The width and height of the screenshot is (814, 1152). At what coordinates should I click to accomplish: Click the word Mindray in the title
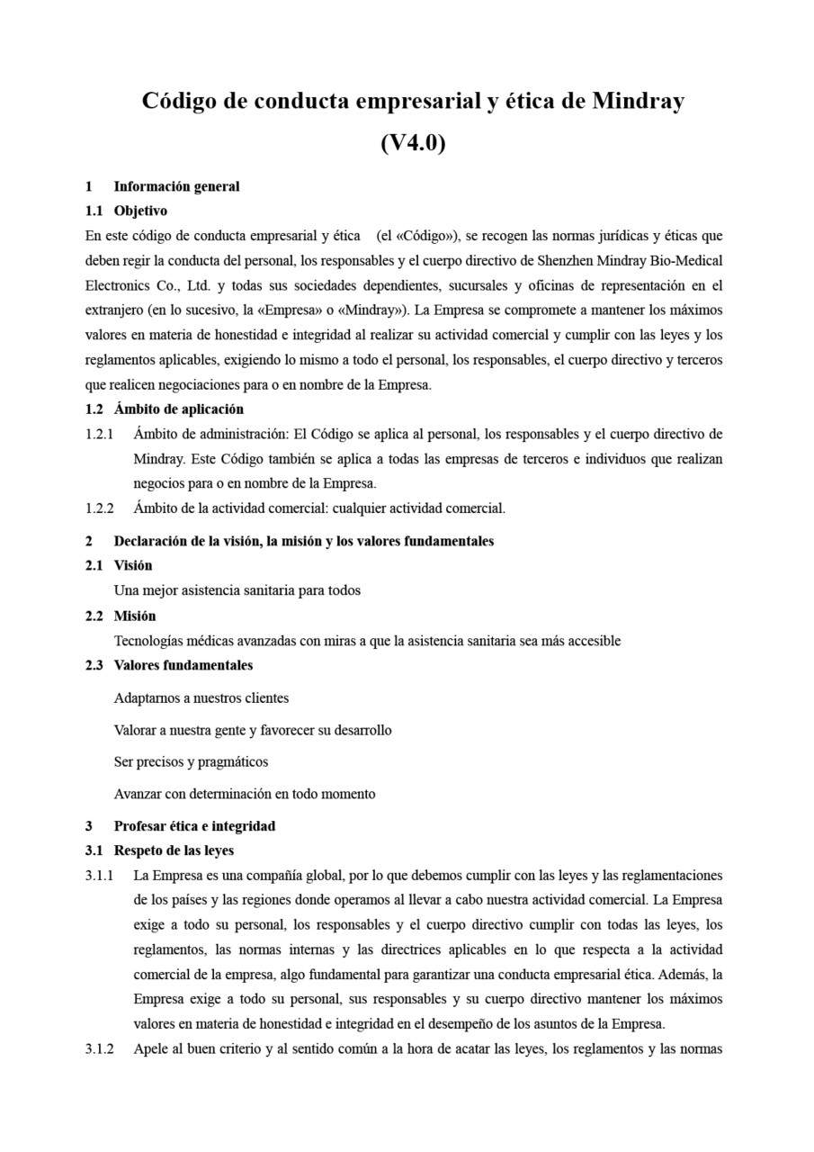tap(637, 101)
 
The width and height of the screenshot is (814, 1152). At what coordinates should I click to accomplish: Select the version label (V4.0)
tap(413, 142)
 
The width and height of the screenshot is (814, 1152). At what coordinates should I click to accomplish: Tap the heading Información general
tap(176, 186)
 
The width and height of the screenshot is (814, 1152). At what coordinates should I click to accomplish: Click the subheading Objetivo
tap(140, 211)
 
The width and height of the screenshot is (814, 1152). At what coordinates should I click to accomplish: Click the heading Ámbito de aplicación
tap(178, 409)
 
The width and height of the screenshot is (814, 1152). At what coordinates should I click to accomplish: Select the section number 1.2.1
tap(99, 434)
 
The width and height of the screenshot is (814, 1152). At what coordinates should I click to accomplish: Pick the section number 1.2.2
tap(99, 508)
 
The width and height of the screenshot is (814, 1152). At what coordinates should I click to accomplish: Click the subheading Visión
tap(133, 565)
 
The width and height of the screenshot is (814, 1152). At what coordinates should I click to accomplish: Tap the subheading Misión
tap(135, 616)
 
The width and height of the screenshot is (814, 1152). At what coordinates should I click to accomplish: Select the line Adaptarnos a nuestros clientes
tap(201, 697)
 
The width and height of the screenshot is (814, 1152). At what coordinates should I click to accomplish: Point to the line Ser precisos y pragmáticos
tap(191, 761)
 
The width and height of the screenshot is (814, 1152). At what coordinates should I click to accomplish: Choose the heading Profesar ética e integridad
tap(194, 825)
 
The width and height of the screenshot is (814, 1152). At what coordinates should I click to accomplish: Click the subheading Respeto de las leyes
tap(174, 850)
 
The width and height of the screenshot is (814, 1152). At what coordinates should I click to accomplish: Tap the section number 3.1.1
tap(99, 875)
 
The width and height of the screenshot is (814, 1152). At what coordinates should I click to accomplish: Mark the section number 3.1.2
tap(99, 1048)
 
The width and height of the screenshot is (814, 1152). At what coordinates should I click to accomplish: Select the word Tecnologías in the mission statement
tap(150, 641)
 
